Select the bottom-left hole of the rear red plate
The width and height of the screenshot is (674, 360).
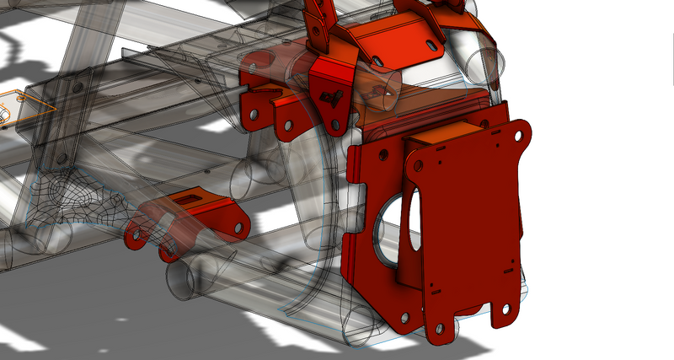404,317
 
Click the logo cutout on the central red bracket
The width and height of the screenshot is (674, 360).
334,96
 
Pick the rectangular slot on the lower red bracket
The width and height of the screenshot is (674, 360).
187,199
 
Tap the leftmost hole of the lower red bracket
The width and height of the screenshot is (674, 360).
132,235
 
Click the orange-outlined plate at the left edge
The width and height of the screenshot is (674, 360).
21,105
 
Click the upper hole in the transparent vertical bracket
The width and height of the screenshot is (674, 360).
77,87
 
